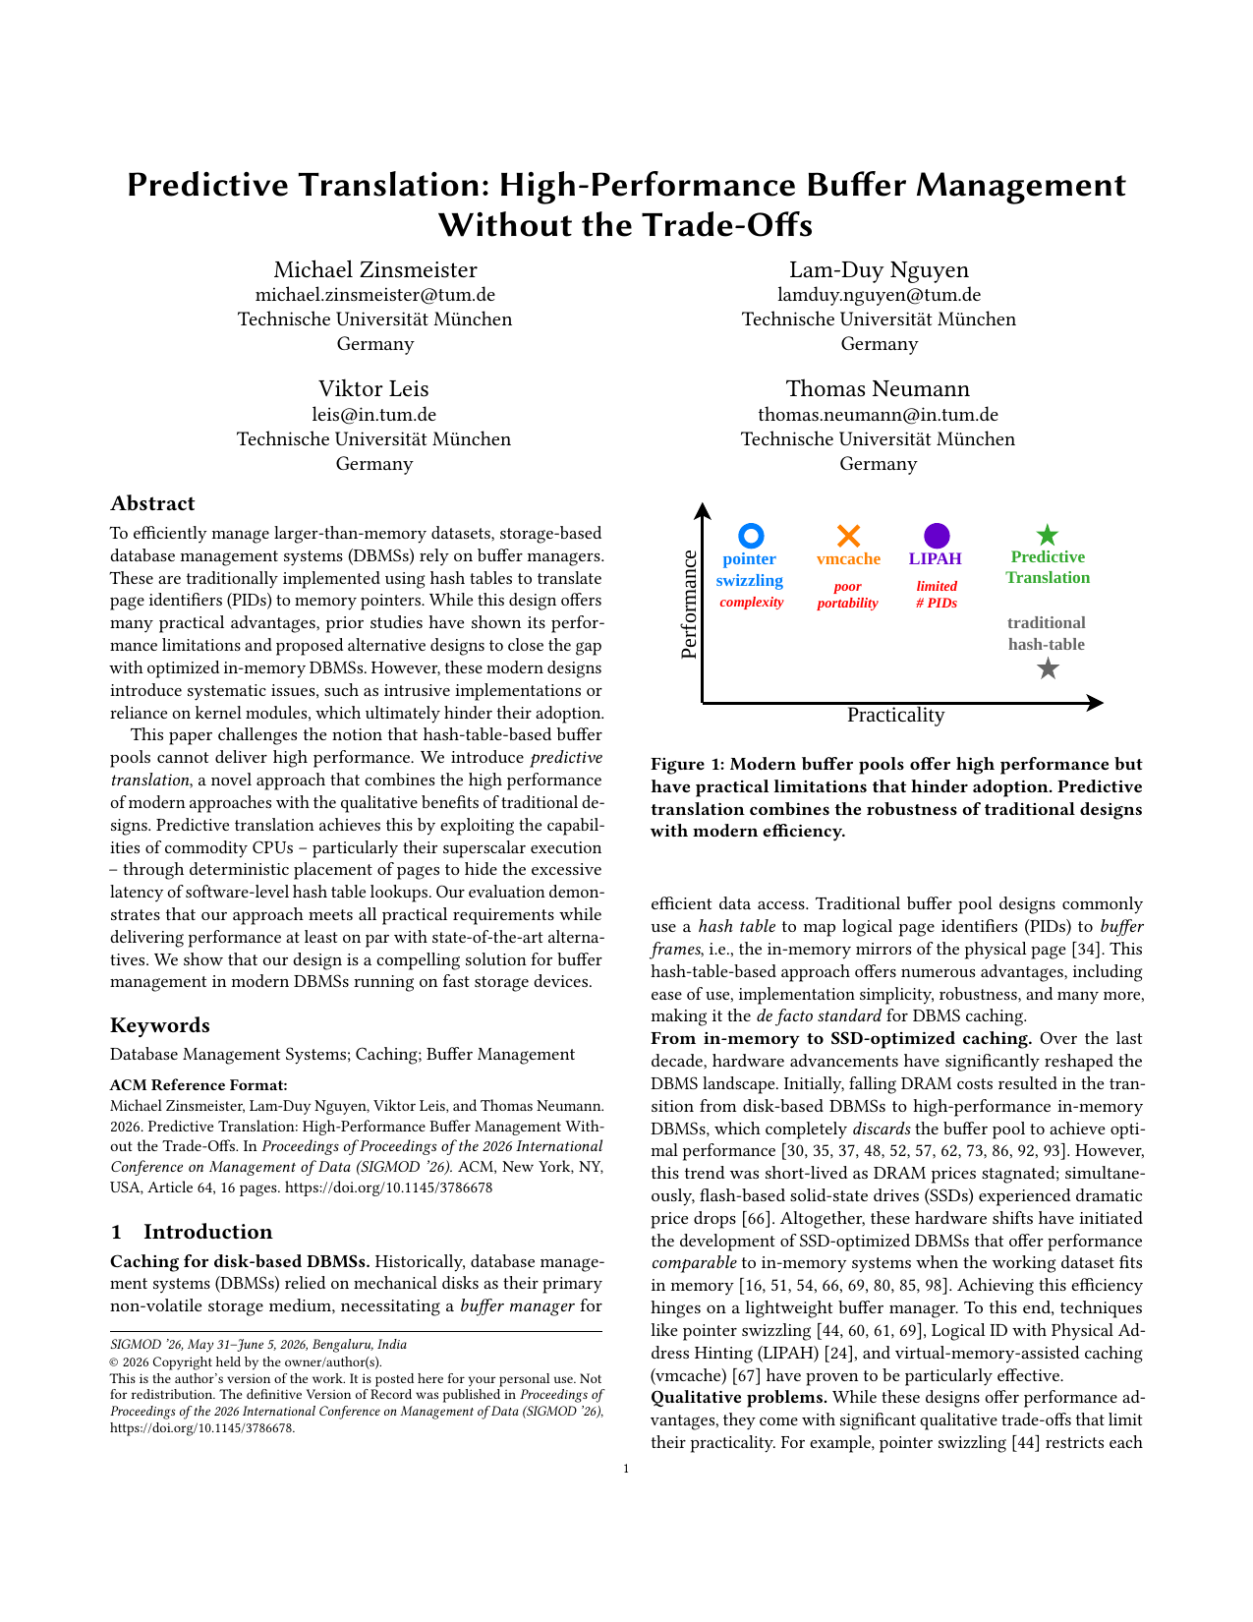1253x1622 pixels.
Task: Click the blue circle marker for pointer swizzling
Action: click(751, 536)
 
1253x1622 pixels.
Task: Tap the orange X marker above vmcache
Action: click(848, 536)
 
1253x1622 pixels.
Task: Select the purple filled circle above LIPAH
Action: click(937, 536)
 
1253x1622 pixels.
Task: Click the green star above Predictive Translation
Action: click(1048, 536)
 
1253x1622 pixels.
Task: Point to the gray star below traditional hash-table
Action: click(1048, 669)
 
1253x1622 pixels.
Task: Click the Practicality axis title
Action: click(895, 716)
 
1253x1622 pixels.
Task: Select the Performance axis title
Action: click(689, 605)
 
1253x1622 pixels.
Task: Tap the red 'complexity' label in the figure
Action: click(751, 603)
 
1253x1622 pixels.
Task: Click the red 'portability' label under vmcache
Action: click(847, 604)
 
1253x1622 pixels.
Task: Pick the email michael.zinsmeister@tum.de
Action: click(374, 295)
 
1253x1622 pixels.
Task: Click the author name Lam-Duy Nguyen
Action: click(879, 270)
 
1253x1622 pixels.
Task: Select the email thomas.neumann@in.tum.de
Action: click(878, 415)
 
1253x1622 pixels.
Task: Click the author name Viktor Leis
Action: click(373, 389)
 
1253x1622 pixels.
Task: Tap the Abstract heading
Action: click(152, 504)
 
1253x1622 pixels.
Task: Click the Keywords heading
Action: click(160, 1025)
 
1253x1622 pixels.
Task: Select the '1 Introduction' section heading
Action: click(192, 1233)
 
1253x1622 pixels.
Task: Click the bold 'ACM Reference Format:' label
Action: click(199, 1086)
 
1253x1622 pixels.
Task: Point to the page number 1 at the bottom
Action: click(626, 1470)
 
